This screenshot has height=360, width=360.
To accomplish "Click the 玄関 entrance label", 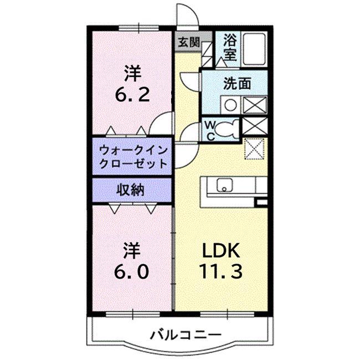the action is point(189,42).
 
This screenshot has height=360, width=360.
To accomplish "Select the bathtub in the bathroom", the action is point(254,49).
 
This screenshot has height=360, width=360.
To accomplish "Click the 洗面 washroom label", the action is point(237,83).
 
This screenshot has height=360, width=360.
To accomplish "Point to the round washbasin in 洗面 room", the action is point(230,105).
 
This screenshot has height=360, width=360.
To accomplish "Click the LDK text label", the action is point(221,250).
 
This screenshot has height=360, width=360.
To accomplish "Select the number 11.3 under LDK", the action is point(220,271).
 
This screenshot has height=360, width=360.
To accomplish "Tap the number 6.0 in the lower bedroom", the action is point(132,271).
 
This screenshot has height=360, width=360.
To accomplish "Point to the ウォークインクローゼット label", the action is point(133,157).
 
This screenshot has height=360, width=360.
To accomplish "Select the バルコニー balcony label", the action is point(186,335).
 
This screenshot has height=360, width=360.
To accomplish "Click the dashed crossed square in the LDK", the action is point(254,149).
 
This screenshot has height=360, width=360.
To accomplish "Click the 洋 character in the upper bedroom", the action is point(132,73).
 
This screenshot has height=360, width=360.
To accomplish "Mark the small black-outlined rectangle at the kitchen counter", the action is point(261,202).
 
